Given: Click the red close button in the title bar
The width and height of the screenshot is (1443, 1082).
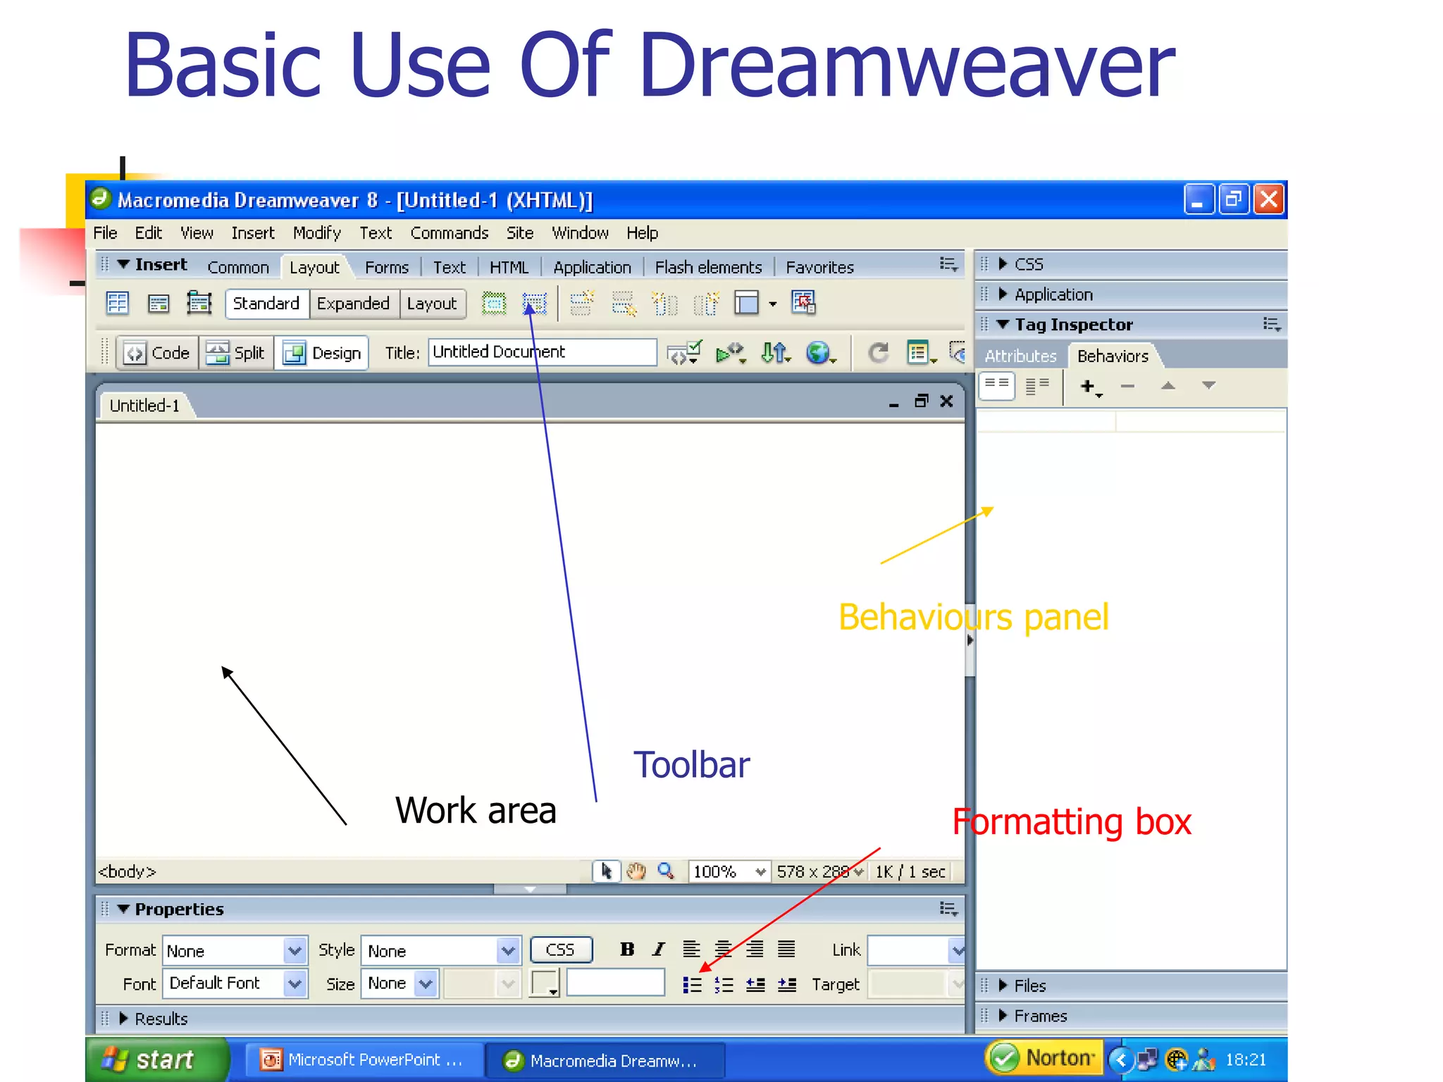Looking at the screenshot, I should [1269, 199].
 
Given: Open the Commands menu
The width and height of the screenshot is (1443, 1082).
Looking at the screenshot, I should [449, 233].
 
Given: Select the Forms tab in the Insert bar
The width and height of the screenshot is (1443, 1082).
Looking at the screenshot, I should [386, 268].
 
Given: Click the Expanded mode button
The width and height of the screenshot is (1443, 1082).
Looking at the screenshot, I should [353, 304].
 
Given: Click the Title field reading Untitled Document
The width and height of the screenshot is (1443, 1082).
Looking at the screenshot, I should [541, 352].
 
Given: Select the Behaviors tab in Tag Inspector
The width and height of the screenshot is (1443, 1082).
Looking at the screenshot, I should [1113, 356].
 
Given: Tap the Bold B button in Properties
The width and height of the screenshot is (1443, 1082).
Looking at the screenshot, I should [627, 950].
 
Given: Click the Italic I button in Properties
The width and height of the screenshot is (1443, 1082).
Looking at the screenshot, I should [659, 950].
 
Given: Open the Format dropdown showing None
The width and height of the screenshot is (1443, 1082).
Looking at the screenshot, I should [235, 951].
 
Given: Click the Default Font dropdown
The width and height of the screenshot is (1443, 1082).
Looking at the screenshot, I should [235, 983].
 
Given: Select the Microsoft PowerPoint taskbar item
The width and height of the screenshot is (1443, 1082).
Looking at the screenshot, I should [364, 1060].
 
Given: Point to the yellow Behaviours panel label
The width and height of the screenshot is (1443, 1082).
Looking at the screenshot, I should [973, 618].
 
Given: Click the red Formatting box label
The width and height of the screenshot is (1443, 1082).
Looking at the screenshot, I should [1071, 822].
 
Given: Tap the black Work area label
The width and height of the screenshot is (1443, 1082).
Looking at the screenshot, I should [476, 810].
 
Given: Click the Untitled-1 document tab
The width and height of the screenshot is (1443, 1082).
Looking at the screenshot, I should [145, 406].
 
